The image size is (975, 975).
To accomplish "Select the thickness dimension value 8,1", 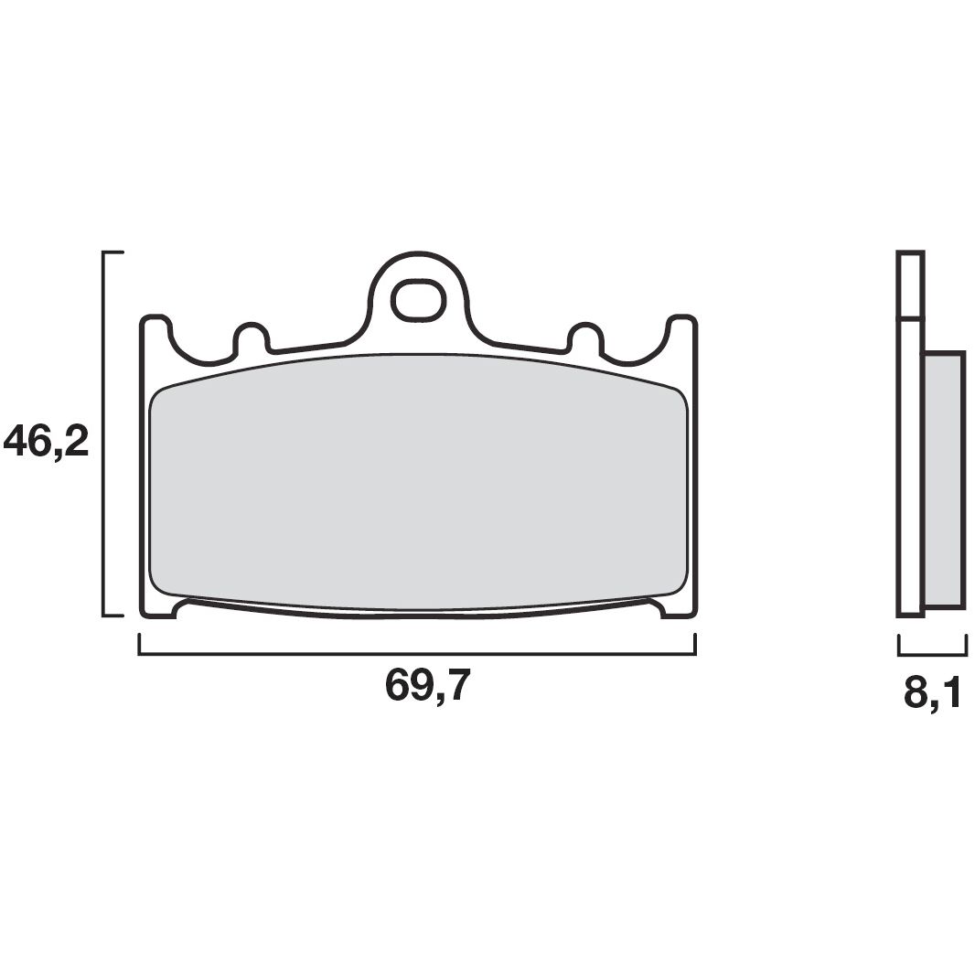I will click(933, 693).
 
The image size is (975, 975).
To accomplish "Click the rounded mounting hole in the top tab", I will click(418, 298).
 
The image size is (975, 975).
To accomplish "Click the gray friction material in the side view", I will click(944, 479).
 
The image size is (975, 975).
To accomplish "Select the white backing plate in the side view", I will click(910, 466).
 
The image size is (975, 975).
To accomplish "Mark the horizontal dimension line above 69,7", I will click(417, 653).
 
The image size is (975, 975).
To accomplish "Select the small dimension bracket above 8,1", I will click(933, 653).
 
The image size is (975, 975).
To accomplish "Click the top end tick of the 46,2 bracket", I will click(113, 251).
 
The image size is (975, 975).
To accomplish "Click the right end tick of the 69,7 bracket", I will click(695, 644).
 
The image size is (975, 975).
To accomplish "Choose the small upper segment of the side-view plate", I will click(910, 284).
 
